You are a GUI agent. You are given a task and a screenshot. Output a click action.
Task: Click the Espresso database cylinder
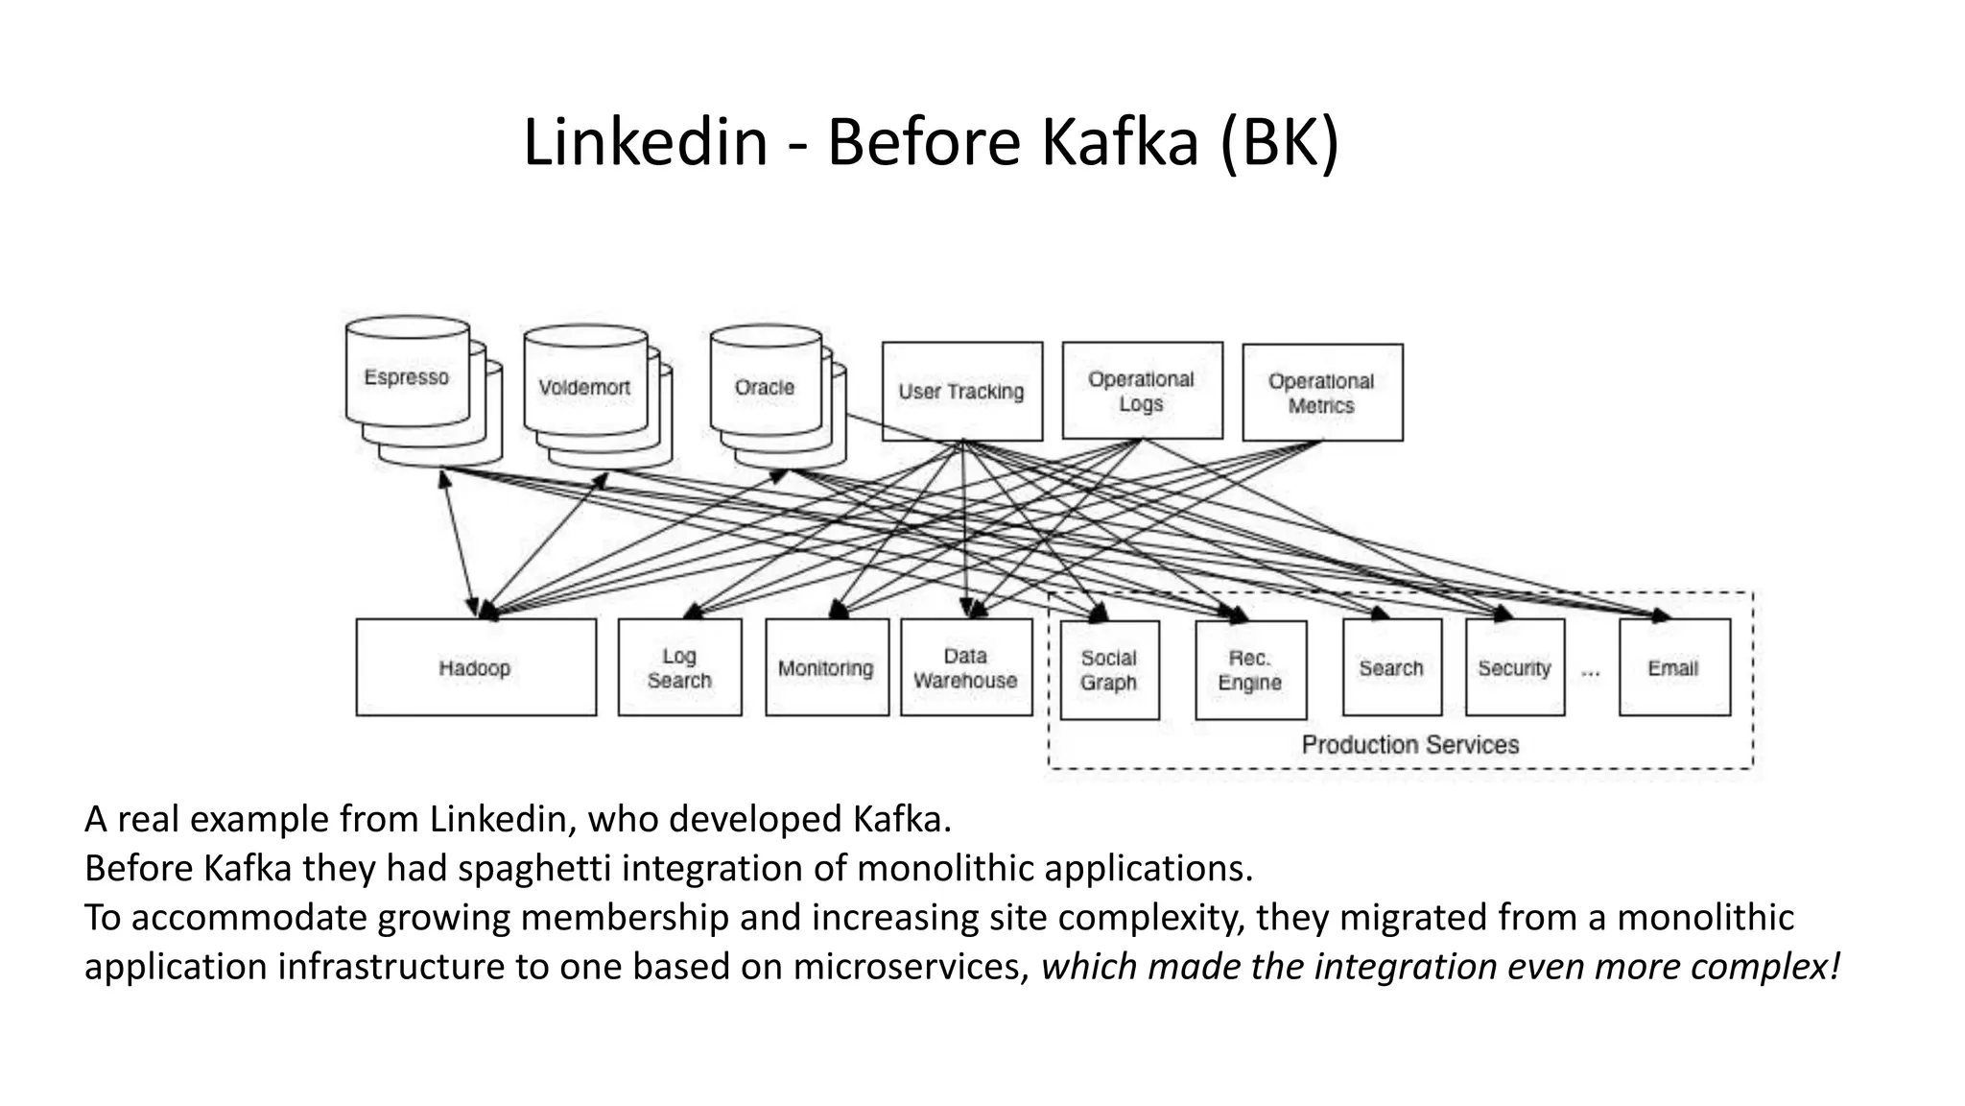click(408, 377)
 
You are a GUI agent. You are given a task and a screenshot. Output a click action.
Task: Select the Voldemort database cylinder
click(585, 388)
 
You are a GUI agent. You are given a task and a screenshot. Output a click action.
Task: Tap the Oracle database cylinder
click(766, 387)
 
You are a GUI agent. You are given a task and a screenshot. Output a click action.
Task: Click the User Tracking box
click(961, 392)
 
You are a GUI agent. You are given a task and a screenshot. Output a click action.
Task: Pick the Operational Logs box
click(1142, 391)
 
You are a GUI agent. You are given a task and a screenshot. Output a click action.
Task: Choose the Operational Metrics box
click(1322, 393)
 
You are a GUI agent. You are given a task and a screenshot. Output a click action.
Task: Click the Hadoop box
click(476, 667)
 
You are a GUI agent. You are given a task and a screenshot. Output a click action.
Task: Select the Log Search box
click(679, 667)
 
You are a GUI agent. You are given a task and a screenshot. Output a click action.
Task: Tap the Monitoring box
click(826, 667)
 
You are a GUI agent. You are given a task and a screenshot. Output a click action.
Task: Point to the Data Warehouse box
click(966, 667)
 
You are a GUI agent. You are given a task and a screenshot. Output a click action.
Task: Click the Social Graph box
click(1109, 670)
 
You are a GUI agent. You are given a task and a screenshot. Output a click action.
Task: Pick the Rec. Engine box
click(1250, 670)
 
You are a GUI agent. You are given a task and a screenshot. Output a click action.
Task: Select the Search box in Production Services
click(1391, 667)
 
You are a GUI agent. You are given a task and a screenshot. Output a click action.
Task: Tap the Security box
click(1515, 667)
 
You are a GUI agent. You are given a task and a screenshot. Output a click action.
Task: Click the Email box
click(1674, 667)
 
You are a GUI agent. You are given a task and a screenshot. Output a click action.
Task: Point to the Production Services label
click(1410, 744)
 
